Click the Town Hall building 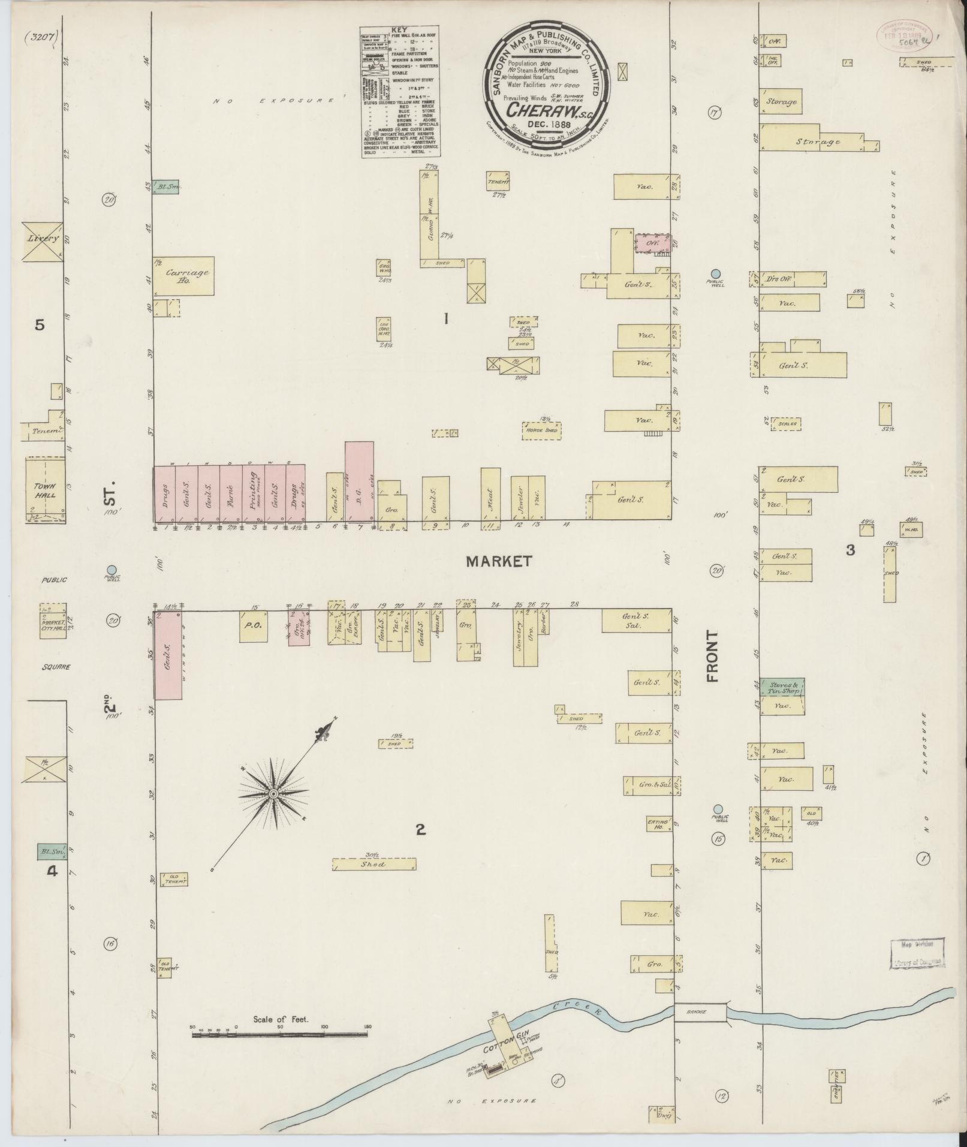tap(46, 490)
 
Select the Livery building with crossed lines tap(42, 241)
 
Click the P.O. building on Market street tap(253, 627)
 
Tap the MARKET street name tap(498, 561)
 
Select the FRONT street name tap(712, 656)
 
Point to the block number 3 tap(849, 549)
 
